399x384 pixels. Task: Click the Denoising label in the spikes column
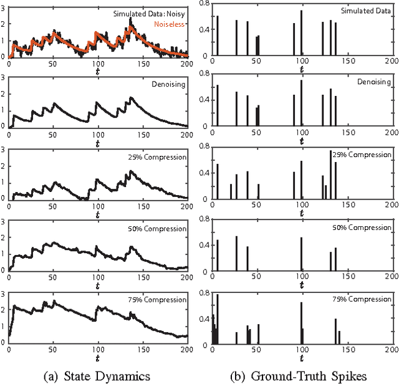pyautogui.click(x=373, y=82)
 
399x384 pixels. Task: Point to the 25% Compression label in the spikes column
pyautogui.click(x=362, y=155)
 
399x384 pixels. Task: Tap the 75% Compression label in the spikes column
pyautogui.click(x=362, y=299)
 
